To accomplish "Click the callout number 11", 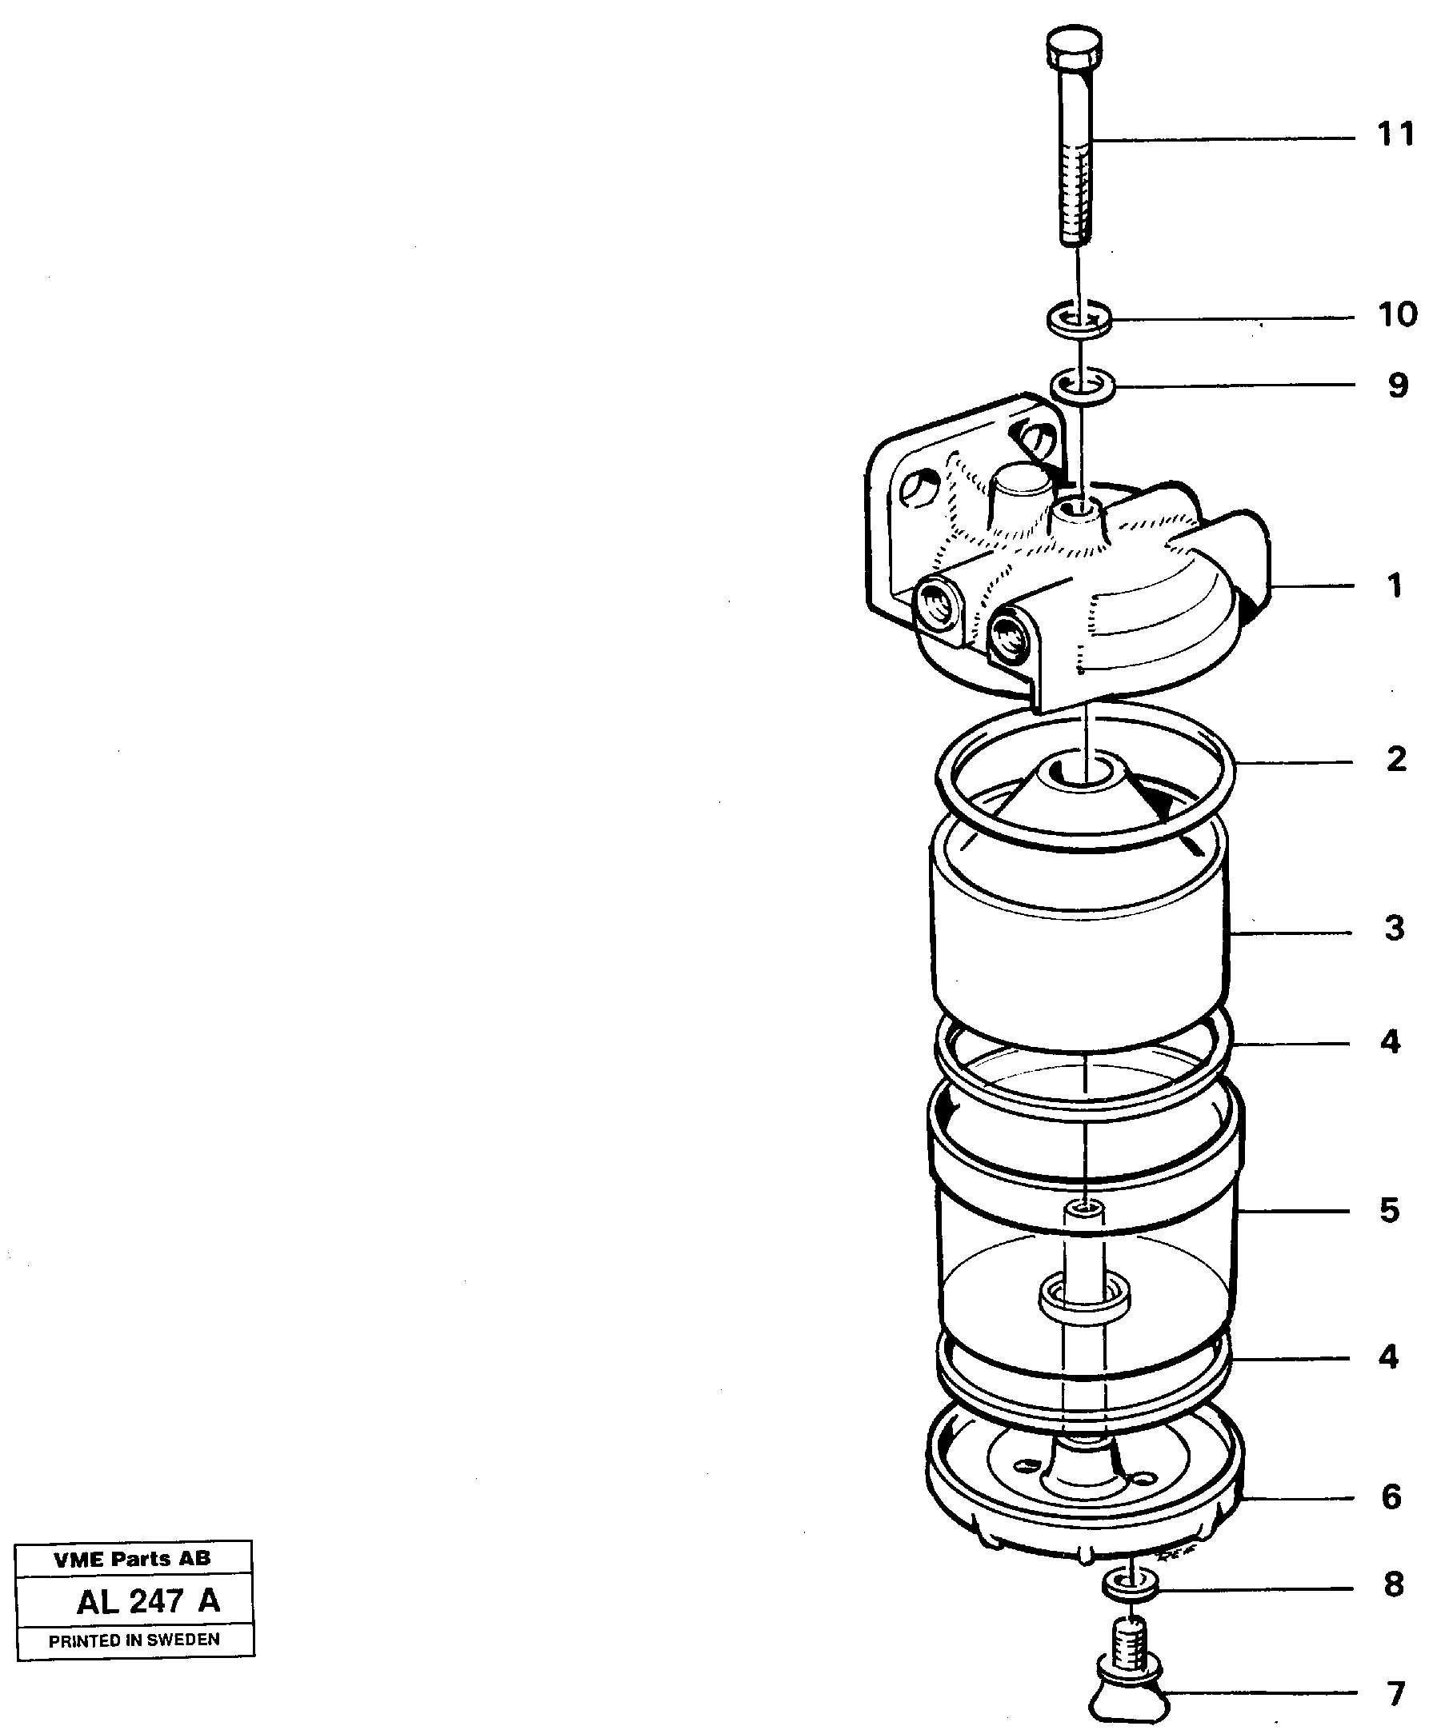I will (x=1395, y=134).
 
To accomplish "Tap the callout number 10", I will (x=1396, y=314).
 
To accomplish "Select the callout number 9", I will (x=1397, y=386).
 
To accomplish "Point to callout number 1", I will (x=1395, y=586).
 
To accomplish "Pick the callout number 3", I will (x=1395, y=928).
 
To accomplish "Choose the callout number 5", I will (x=1390, y=1210).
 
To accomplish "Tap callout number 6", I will (x=1391, y=1496).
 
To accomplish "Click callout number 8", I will (x=1393, y=1584).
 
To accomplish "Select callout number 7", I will (x=1395, y=1693).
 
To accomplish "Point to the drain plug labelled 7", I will (x=1128, y=1684).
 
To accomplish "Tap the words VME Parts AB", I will (x=132, y=1559).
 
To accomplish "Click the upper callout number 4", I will (x=1390, y=1042).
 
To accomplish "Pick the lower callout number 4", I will (x=1388, y=1356).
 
